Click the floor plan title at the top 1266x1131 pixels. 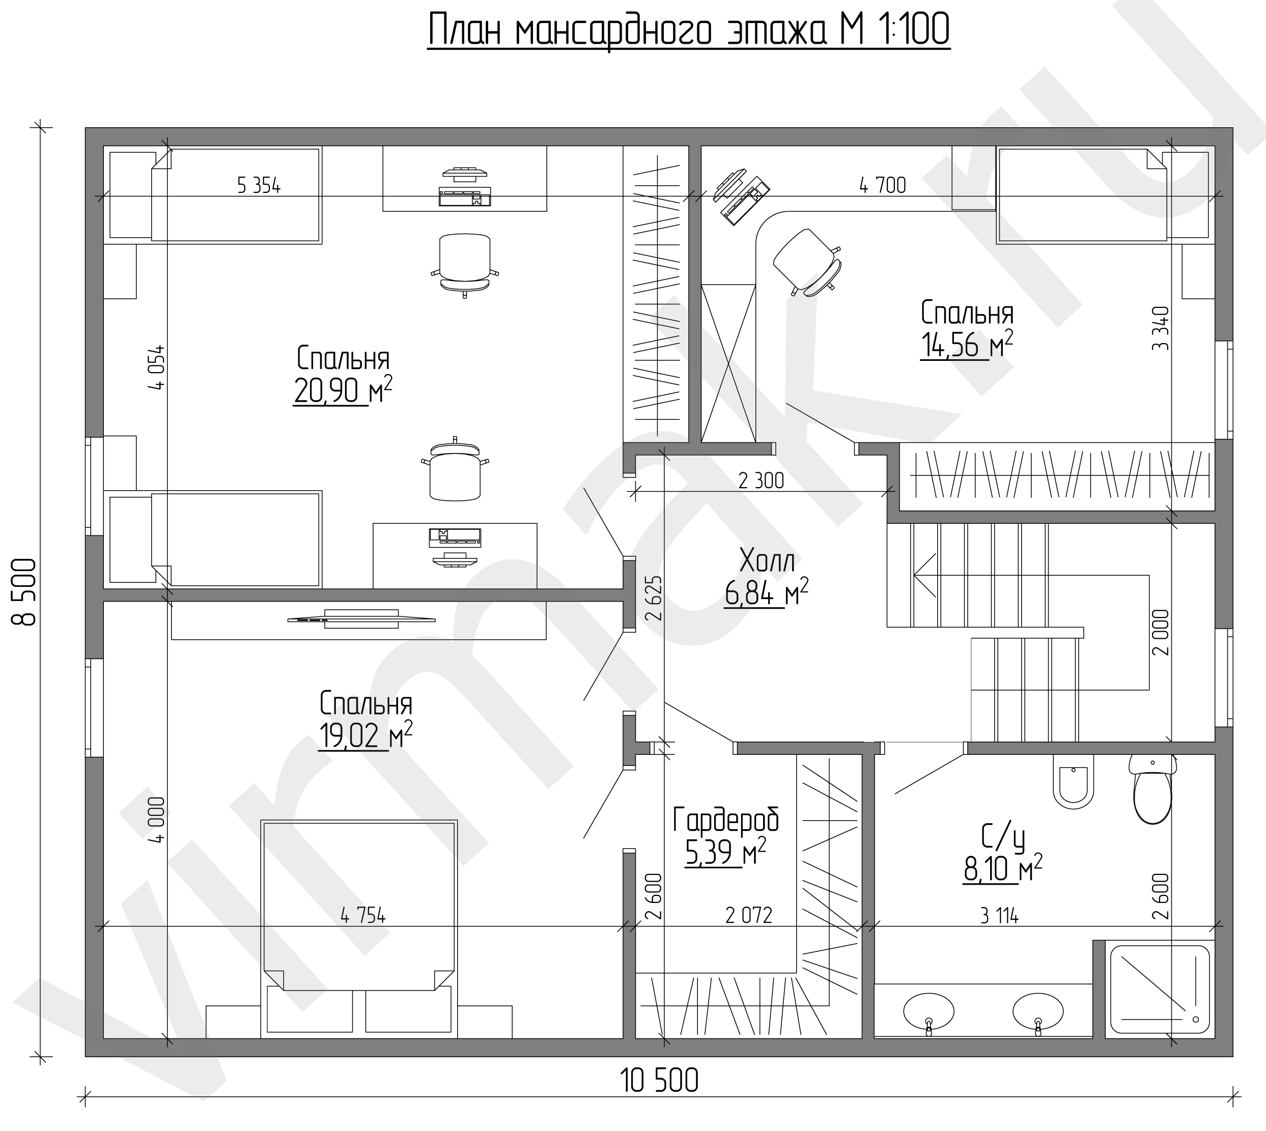coord(689,31)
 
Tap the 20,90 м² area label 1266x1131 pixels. coord(343,391)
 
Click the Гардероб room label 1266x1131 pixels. coord(726,821)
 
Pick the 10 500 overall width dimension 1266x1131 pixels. coord(659,1081)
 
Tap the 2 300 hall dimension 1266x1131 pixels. coord(762,480)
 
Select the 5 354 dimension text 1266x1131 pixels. coord(259,185)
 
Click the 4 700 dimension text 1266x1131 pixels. coord(883,185)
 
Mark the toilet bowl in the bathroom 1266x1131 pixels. coord(1152,788)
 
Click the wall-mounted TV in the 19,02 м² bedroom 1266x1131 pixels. coord(361,619)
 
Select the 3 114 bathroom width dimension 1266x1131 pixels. coord(999,916)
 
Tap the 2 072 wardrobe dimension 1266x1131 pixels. coord(749,915)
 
